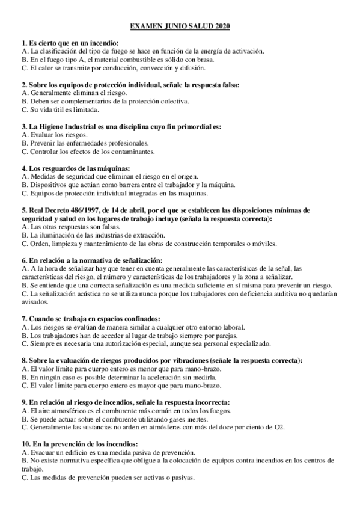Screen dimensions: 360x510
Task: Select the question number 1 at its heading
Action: [x=23, y=44]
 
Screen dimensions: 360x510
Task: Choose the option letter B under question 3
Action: [x=23, y=144]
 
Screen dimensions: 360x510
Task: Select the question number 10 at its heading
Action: [x=25, y=444]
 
